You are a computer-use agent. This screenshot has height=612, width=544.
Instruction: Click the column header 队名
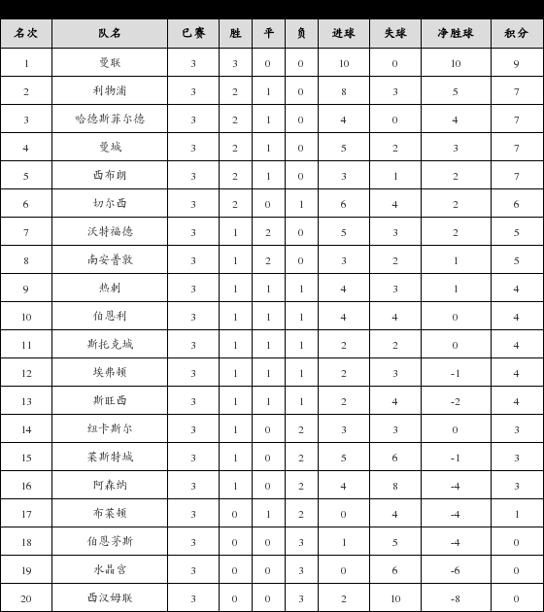pos(110,33)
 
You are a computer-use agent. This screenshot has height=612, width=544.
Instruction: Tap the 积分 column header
pos(516,33)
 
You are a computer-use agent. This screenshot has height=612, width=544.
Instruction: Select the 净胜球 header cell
pos(456,33)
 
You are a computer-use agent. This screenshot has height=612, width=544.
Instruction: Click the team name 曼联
pos(110,63)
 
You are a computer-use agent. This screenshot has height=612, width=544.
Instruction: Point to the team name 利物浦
pos(110,91)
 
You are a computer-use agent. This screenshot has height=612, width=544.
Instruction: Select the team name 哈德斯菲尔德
pos(110,119)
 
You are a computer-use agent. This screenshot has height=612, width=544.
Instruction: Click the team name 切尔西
pos(110,204)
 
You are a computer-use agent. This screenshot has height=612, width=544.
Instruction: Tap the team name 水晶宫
pos(110,570)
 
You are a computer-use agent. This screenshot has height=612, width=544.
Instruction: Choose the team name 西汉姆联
pos(110,598)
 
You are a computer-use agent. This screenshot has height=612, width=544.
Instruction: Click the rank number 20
pos(26,598)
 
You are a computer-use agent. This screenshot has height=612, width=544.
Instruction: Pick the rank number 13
pos(26,401)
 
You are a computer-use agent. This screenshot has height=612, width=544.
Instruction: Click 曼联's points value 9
pos(516,63)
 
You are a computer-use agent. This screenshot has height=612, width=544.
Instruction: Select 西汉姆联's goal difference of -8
pos(455,598)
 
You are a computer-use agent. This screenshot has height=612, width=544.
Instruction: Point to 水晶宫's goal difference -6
pos(455,570)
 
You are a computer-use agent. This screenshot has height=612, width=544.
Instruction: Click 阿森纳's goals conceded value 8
pos(395,486)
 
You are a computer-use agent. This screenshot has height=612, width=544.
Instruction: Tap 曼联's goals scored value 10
pos(344,63)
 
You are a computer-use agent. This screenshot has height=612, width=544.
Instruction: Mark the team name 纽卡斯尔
pos(110,429)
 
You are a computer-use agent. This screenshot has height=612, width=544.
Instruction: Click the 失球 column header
pos(395,33)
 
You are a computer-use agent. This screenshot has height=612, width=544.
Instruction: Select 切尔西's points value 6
pos(516,204)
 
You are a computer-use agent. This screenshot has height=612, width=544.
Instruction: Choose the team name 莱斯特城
pos(110,458)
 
